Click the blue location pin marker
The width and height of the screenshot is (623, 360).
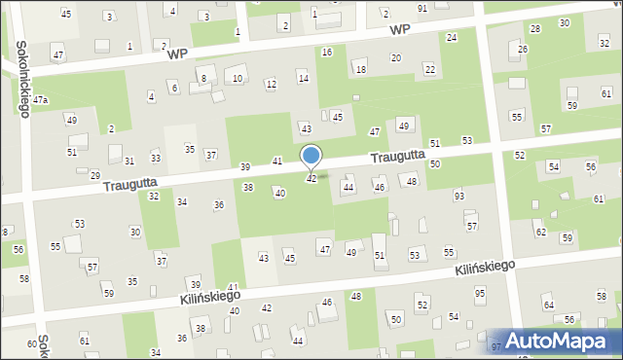coord(311,156)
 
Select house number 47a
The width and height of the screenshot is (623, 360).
coord(41,100)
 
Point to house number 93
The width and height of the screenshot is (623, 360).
coord(458,197)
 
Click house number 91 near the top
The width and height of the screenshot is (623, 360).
coord(421,8)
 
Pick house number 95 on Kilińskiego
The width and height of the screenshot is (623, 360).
coord(479,294)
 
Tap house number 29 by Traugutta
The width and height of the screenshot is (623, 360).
coord(94,175)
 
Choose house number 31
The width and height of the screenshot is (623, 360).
coord(128,162)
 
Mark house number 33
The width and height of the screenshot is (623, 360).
coord(155,158)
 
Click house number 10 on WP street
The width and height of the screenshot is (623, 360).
coord(238,79)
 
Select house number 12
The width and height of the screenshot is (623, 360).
coord(271,85)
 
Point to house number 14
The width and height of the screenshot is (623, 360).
coord(303,78)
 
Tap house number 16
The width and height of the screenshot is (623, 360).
coord(326,52)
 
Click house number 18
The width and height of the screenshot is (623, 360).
coord(360,69)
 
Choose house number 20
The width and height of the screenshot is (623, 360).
coord(395,58)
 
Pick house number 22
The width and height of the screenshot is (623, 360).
coord(429,68)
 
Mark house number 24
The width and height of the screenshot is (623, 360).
coord(451,37)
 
